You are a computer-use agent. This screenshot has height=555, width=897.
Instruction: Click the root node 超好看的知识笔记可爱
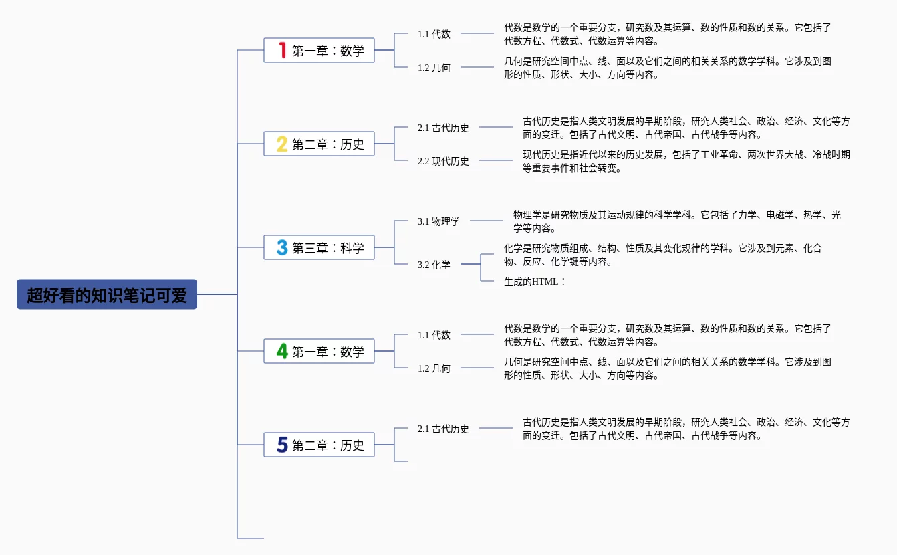107,294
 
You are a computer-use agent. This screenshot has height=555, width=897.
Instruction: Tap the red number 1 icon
283,50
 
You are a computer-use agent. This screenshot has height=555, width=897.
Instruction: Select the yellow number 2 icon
282,144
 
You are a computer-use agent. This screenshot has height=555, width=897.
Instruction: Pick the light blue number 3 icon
282,247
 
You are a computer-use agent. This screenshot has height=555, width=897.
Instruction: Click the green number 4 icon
282,351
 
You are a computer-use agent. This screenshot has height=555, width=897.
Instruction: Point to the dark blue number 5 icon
282,445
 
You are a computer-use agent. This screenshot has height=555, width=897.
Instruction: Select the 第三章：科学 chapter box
319,247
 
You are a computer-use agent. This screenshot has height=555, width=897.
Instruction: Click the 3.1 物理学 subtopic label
438,221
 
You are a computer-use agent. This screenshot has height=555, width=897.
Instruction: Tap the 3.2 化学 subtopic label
434,265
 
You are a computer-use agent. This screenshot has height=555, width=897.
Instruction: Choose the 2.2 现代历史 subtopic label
443,161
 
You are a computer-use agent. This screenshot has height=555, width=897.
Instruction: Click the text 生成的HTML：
535,282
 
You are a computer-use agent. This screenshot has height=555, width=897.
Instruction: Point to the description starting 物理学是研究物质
676,221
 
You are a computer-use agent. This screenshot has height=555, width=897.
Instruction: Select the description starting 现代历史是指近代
686,161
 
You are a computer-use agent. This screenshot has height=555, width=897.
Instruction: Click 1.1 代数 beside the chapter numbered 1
434,34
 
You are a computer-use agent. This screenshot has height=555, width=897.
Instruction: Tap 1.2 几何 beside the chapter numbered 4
434,368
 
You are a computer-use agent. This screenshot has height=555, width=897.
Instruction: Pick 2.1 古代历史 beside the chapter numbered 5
443,429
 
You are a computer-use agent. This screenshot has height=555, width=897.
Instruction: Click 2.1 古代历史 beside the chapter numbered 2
443,128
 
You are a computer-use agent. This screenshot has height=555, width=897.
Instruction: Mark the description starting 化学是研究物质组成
662,255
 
